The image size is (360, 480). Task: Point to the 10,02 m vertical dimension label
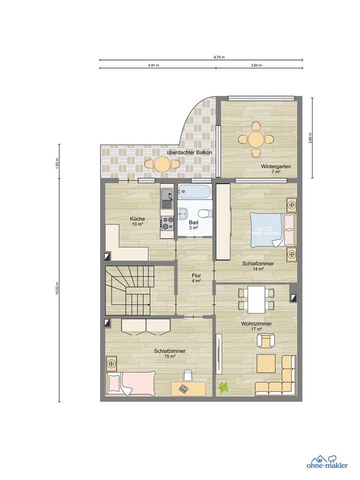57,288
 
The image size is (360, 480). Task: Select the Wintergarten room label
276,167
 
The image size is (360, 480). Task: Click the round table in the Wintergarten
256,140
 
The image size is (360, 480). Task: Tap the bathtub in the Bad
194,191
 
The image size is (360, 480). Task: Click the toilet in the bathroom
204,212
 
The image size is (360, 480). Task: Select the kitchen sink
167,198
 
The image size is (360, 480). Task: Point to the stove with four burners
167,223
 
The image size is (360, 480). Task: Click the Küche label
137,219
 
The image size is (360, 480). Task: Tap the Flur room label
196,275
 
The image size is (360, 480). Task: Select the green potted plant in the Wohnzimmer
223,387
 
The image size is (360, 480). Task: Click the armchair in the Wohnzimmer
265,340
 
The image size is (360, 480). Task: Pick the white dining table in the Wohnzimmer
256,299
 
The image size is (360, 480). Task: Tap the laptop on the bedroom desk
183,389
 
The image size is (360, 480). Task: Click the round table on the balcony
162,164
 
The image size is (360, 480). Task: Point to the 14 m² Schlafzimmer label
258,266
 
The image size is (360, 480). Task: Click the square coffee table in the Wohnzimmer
266,363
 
